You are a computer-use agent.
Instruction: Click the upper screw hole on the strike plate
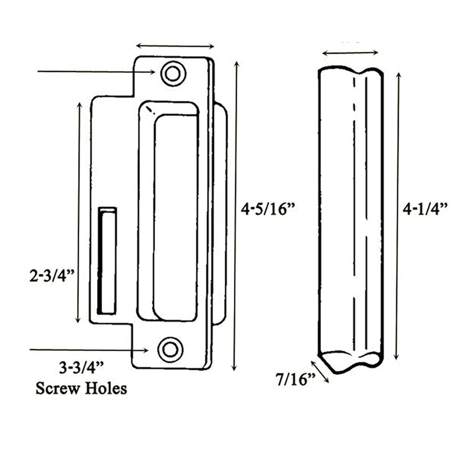[x=173, y=73]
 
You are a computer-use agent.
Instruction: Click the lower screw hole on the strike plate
[x=171, y=350]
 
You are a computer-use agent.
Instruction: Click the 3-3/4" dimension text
[x=81, y=367]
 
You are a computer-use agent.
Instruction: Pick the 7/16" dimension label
[x=296, y=378]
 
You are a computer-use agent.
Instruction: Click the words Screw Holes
[x=81, y=389]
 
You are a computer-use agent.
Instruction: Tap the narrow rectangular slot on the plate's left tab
[x=108, y=260]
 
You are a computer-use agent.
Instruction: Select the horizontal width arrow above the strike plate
[x=175, y=46]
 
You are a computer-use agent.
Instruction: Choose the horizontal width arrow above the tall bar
[x=350, y=52]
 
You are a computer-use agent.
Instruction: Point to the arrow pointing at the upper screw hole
[x=96, y=72]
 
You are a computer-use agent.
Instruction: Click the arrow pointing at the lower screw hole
[x=89, y=350]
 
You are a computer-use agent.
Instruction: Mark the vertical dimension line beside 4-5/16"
[x=235, y=214]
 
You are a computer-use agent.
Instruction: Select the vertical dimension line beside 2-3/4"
[x=79, y=212]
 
